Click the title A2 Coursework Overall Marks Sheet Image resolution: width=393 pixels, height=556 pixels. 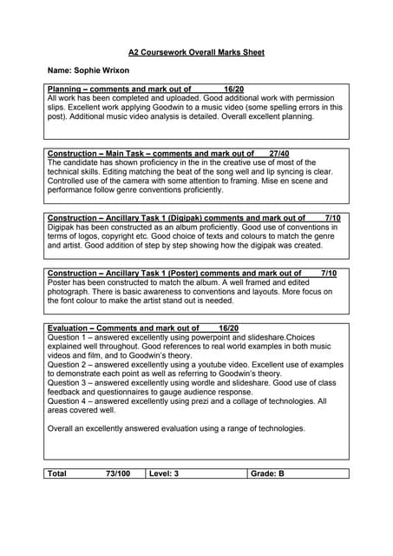pyautogui.click(x=196, y=52)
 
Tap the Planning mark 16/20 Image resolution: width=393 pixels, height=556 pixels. pyautogui.click(x=233, y=89)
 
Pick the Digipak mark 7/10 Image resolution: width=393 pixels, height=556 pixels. pyautogui.click(x=332, y=217)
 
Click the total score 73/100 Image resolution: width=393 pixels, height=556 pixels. pyautogui.click(x=118, y=473)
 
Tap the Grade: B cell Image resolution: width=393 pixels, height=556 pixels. pyautogui.click(x=267, y=473)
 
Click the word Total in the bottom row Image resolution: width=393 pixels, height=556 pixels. pyautogui.click(x=57, y=473)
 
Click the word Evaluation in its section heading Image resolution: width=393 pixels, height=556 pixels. pyautogui.click(x=68, y=328)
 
